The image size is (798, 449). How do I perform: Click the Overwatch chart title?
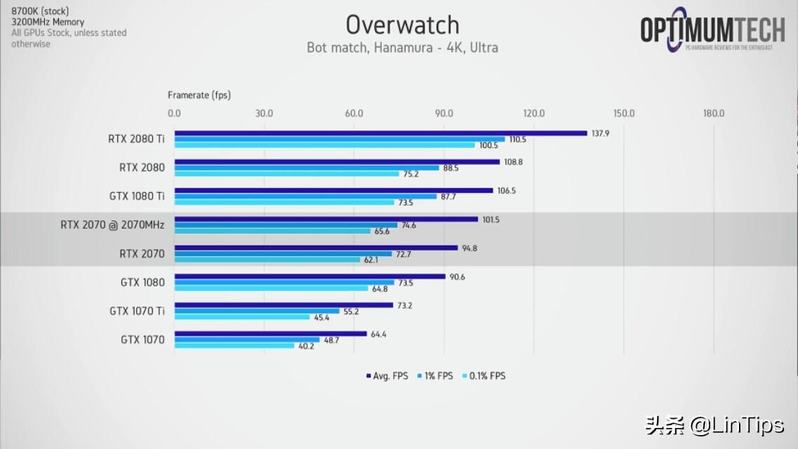tap(402, 25)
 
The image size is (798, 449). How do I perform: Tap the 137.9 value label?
tap(600, 133)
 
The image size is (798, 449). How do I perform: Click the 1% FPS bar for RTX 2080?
tap(307, 168)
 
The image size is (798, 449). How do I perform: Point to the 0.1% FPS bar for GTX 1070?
tap(234, 346)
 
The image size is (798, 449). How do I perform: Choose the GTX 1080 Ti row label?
tap(136, 196)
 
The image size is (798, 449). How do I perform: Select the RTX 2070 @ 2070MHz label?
tap(112, 225)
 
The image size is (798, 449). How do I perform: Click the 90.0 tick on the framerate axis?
tap(444, 114)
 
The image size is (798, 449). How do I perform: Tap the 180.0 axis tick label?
tap(713, 114)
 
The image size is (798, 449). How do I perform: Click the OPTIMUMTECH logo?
tap(712, 30)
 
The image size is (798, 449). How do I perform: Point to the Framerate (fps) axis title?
tap(199, 95)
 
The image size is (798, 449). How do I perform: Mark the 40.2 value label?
tap(307, 347)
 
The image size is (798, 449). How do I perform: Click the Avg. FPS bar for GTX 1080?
tap(310, 276)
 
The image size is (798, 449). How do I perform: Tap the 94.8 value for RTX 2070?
tap(470, 248)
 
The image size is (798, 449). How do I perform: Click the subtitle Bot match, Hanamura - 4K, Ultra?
tap(402, 48)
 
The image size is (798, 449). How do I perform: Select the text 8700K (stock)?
tap(40, 11)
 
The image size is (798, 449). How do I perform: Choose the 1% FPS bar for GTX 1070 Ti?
tap(257, 311)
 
